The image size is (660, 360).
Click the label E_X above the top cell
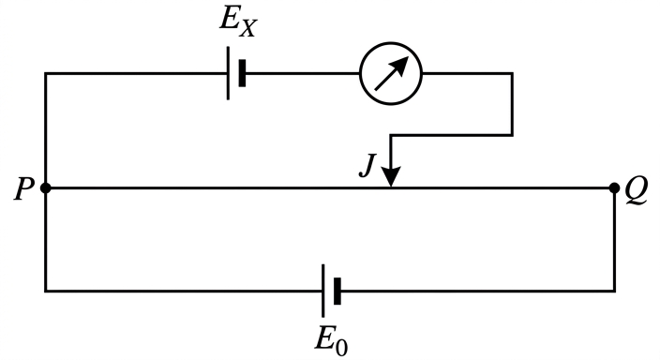tap(238, 24)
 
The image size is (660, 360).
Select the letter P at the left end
tap(23, 189)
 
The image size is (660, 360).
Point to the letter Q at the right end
tap(636, 190)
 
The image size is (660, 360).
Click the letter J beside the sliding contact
tap(367, 166)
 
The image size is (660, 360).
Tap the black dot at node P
tap(46, 187)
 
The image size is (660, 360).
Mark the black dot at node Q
tap(614, 187)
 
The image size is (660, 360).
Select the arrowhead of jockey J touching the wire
tap(392, 176)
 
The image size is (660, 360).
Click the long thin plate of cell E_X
tap(228, 73)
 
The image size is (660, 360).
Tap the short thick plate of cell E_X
tap(242, 73)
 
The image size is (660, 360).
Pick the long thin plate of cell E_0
tap(323, 291)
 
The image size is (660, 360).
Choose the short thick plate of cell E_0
tap(337, 291)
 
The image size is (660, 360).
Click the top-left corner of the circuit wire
tap(46, 74)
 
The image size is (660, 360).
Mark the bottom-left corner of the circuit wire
tap(46, 291)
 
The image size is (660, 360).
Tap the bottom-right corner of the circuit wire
tap(614, 291)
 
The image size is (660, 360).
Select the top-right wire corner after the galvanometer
tap(512, 74)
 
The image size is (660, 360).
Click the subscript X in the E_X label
tap(247, 29)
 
